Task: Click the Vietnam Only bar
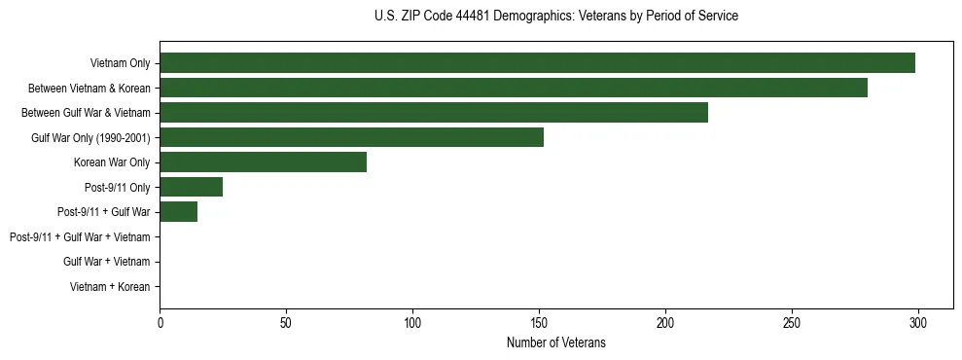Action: (537, 63)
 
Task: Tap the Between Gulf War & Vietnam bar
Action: (434, 113)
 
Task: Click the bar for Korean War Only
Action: (263, 162)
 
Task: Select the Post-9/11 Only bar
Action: (191, 187)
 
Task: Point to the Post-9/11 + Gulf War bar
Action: (178, 212)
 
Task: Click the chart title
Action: (555, 17)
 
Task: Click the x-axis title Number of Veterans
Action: (555, 342)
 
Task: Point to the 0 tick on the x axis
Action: (160, 322)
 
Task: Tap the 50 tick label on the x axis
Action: (286, 322)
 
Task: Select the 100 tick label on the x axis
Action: (412, 322)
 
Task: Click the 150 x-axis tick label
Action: (539, 322)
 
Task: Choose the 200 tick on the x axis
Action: (665, 322)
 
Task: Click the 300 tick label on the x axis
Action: (917, 322)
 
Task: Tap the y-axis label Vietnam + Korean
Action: (110, 287)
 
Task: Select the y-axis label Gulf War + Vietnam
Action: (106, 262)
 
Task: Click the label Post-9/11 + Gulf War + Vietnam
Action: (80, 237)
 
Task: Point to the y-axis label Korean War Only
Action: (112, 162)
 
